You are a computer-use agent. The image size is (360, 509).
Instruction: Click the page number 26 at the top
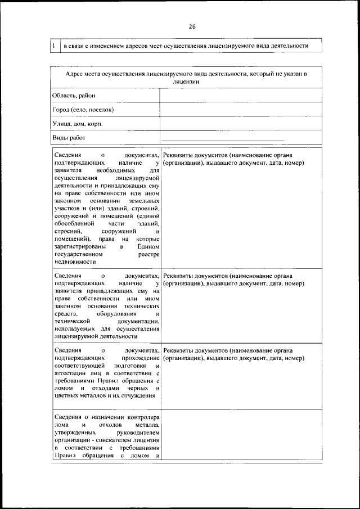click(192, 26)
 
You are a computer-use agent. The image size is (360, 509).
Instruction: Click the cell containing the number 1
click(53, 46)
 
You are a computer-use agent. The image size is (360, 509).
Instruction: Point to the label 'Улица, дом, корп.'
click(78, 123)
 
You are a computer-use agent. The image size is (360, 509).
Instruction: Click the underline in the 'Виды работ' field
click(223, 140)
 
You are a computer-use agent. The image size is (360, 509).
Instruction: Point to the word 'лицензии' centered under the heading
click(186, 82)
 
